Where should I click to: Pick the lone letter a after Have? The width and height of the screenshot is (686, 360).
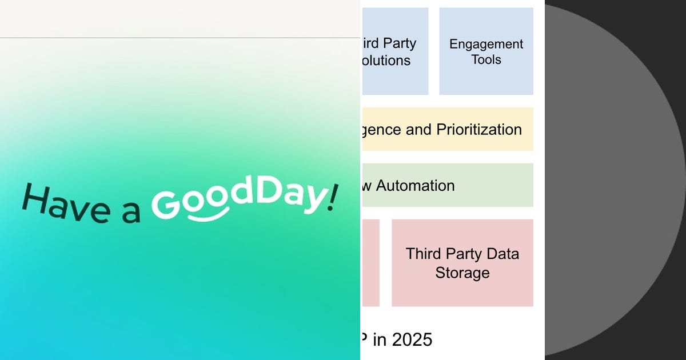coord(131,212)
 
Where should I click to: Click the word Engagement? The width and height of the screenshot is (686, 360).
coord(486,44)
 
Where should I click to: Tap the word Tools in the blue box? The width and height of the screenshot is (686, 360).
coord(486,59)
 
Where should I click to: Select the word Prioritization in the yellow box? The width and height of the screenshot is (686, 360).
coord(479,130)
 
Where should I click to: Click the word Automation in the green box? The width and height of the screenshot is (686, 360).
coord(416,186)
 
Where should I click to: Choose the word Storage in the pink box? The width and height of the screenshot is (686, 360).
coord(462,273)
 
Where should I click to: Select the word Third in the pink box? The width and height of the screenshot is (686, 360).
coord(425,254)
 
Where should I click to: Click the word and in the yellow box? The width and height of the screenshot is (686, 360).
coord(418,130)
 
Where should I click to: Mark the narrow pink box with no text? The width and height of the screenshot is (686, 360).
coord(370,263)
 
